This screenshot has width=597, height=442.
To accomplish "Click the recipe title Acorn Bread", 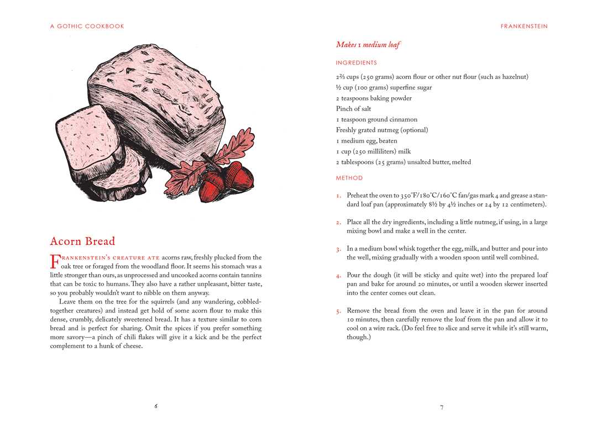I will tap(82, 241).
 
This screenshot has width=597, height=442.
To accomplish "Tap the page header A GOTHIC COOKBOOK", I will tap(87, 26).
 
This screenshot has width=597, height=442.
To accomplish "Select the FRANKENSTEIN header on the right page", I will tap(524, 26).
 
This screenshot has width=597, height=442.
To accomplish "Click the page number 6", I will tap(156, 406).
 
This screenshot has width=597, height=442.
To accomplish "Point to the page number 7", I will tap(442, 407).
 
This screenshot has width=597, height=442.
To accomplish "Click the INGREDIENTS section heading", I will tap(356, 63).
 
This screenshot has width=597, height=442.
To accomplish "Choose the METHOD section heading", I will tap(349, 178).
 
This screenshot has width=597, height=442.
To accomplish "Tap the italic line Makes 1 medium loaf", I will tap(368, 45).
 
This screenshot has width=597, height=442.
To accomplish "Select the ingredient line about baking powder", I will tap(374, 98).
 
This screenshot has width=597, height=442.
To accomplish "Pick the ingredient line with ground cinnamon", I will tap(376, 119).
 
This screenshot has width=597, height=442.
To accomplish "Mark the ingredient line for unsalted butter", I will tap(404, 162).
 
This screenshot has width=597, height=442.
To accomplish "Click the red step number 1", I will tap(338, 196).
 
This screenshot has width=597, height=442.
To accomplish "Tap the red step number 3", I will tap(338, 249).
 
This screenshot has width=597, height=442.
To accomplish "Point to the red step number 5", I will tap(338, 311).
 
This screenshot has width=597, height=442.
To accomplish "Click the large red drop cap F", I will tap(54, 261).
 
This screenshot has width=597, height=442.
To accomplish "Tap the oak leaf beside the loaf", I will tap(232, 146).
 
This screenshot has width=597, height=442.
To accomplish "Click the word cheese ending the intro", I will tap(131, 346).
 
